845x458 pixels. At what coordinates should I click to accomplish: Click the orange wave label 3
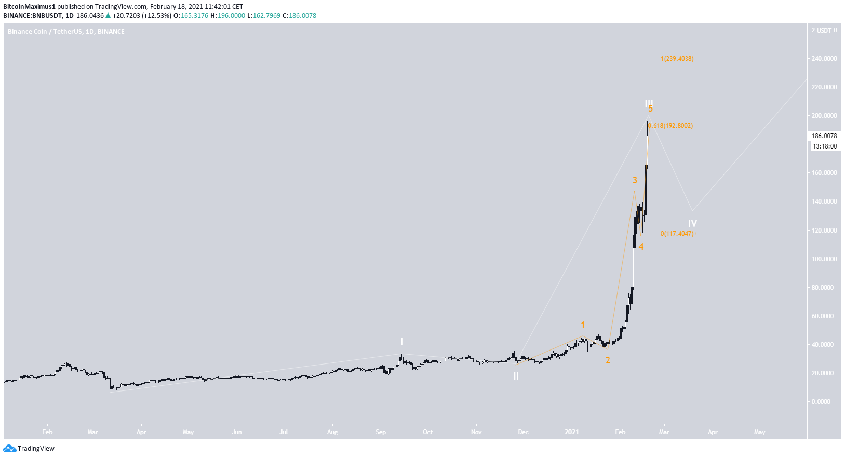click(x=635, y=180)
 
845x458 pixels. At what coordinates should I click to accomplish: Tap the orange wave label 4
click(x=641, y=247)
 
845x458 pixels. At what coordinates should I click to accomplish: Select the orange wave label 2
click(x=608, y=360)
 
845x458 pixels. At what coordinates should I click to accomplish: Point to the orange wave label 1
click(x=583, y=325)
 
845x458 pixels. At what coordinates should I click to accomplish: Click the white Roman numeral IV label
click(x=692, y=223)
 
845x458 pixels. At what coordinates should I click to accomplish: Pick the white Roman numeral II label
click(x=516, y=376)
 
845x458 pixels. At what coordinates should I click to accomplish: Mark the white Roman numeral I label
click(x=401, y=341)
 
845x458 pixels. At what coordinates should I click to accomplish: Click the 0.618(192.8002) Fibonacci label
click(x=670, y=126)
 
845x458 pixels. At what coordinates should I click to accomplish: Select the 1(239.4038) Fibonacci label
click(x=677, y=59)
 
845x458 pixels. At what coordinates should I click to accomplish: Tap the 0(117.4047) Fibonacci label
click(x=677, y=234)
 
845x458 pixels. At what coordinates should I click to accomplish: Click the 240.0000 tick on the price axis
click(x=824, y=59)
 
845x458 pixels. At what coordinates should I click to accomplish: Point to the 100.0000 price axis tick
click(x=824, y=259)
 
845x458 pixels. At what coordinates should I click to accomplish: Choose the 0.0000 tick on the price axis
click(x=821, y=401)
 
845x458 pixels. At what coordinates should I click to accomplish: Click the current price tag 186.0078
click(x=824, y=136)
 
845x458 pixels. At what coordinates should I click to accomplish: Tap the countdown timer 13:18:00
click(x=824, y=146)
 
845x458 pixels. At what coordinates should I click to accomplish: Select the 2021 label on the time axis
click(x=572, y=432)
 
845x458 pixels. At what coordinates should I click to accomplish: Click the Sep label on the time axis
click(x=381, y=432)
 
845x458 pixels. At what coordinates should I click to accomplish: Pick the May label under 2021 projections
click(x=759, y=432)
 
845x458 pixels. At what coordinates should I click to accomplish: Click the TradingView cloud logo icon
click(x=9, y=449)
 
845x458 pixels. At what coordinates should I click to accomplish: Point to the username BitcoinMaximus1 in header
click(x=29, y=7)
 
